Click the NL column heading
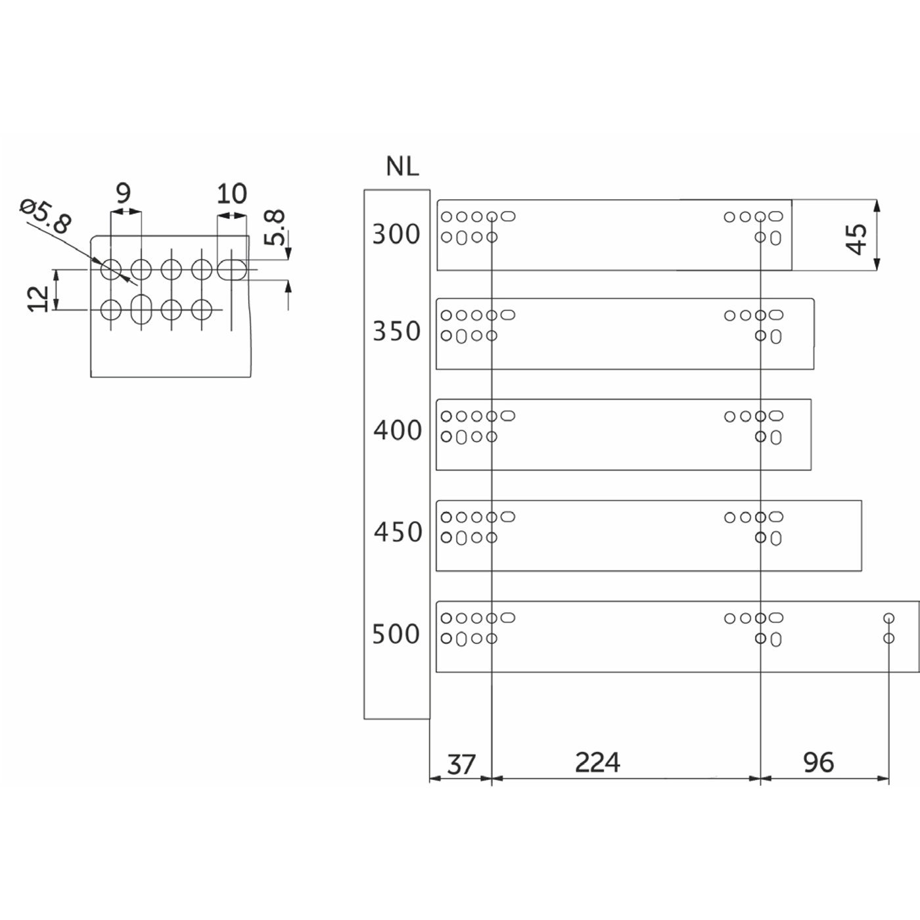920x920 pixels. [402, 166]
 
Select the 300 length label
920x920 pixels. [396, 234]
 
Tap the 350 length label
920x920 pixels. [396, 331]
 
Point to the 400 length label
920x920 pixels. [397, 430]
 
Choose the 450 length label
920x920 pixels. [398, 532]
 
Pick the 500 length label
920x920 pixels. [396, 634]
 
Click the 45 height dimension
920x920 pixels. [856, 239]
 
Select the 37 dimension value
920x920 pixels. [461, 764]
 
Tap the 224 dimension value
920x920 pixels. [597, 762]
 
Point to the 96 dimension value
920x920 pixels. [818, 762]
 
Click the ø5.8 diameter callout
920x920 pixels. [45, 216]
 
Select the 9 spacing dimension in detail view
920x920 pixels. [123, 193]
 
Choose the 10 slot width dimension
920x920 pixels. [231, 194]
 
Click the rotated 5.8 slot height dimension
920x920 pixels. [274, 227]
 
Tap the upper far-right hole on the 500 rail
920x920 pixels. [888, 618]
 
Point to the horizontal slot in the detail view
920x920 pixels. [232, 269]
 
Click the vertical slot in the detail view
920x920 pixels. [141, 308]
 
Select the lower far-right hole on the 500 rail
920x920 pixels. [888, 638]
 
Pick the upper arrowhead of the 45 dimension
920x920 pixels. [877, 204]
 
